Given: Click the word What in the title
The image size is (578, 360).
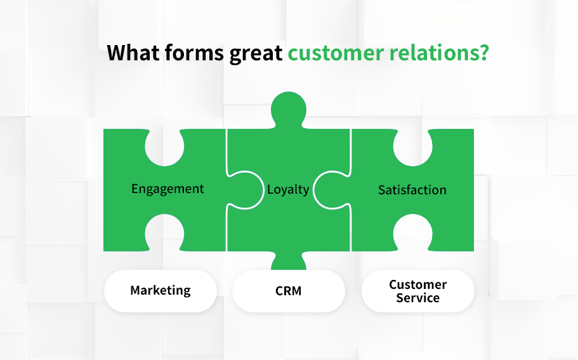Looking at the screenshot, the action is coord(133,52).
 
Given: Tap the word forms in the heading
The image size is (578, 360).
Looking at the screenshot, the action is coord(194,52).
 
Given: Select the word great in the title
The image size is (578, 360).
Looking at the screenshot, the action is coord(256,54).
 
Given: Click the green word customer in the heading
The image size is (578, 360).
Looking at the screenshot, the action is coord(336,53).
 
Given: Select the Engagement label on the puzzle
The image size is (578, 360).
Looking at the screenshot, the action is coord(167,189).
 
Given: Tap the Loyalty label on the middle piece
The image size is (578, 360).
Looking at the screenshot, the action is coord(288,190).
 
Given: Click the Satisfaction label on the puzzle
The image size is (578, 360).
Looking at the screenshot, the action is coord(412,190).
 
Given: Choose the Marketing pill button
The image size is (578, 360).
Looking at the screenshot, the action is coord(161,291).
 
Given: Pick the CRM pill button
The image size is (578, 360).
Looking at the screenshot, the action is coord(288,291).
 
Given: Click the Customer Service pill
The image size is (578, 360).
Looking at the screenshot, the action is coord(417,291).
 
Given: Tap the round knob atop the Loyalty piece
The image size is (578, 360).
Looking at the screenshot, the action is coord(288,109).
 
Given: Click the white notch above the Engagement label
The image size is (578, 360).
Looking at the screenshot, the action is coord(164,147).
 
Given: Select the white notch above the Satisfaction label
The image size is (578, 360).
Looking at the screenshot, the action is coord(413,147).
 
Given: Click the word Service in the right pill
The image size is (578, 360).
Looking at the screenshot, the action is coord(417,298).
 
